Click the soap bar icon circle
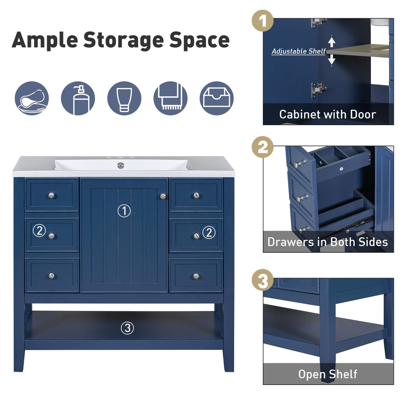[x=32, y=98]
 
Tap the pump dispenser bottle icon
[x=78, y=98]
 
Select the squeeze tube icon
[x=124, y=98]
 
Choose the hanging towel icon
[x=170, y=98]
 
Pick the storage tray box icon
[x=217, y=98]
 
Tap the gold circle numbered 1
[x=263, y=21]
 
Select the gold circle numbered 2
[x=263, y=147]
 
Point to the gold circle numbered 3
[x=263, y=280]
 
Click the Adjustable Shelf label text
[x=298, y=51]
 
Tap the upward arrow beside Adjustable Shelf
[x=331, y=42]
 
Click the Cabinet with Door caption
[x=327, y=114]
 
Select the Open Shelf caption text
[x=327, y=374]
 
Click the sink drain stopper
[x=120, y=165]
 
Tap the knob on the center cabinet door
[x=163, y=196]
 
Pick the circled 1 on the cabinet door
[x=124, y=211]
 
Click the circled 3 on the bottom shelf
[x=127, y=328]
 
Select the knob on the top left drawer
[x=51, y=195]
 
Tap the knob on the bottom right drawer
[x=196, y=276]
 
